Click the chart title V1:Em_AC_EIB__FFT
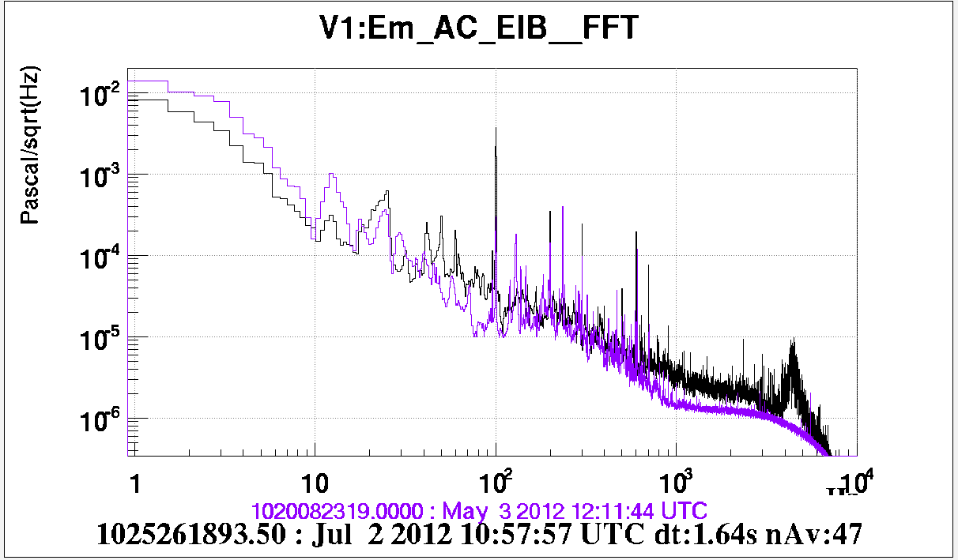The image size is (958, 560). pyautogui.click(x=479, y=29)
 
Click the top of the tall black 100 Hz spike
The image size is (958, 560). pyautogui.click(x=496, y=128)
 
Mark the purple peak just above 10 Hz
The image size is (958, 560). pyautogui.click(x=332, y=175)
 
